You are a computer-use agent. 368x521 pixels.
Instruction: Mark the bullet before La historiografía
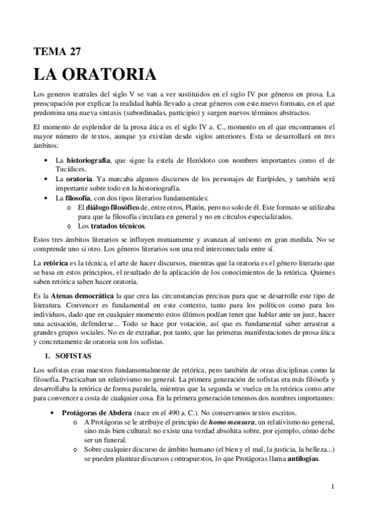click(x=47, y=160)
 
